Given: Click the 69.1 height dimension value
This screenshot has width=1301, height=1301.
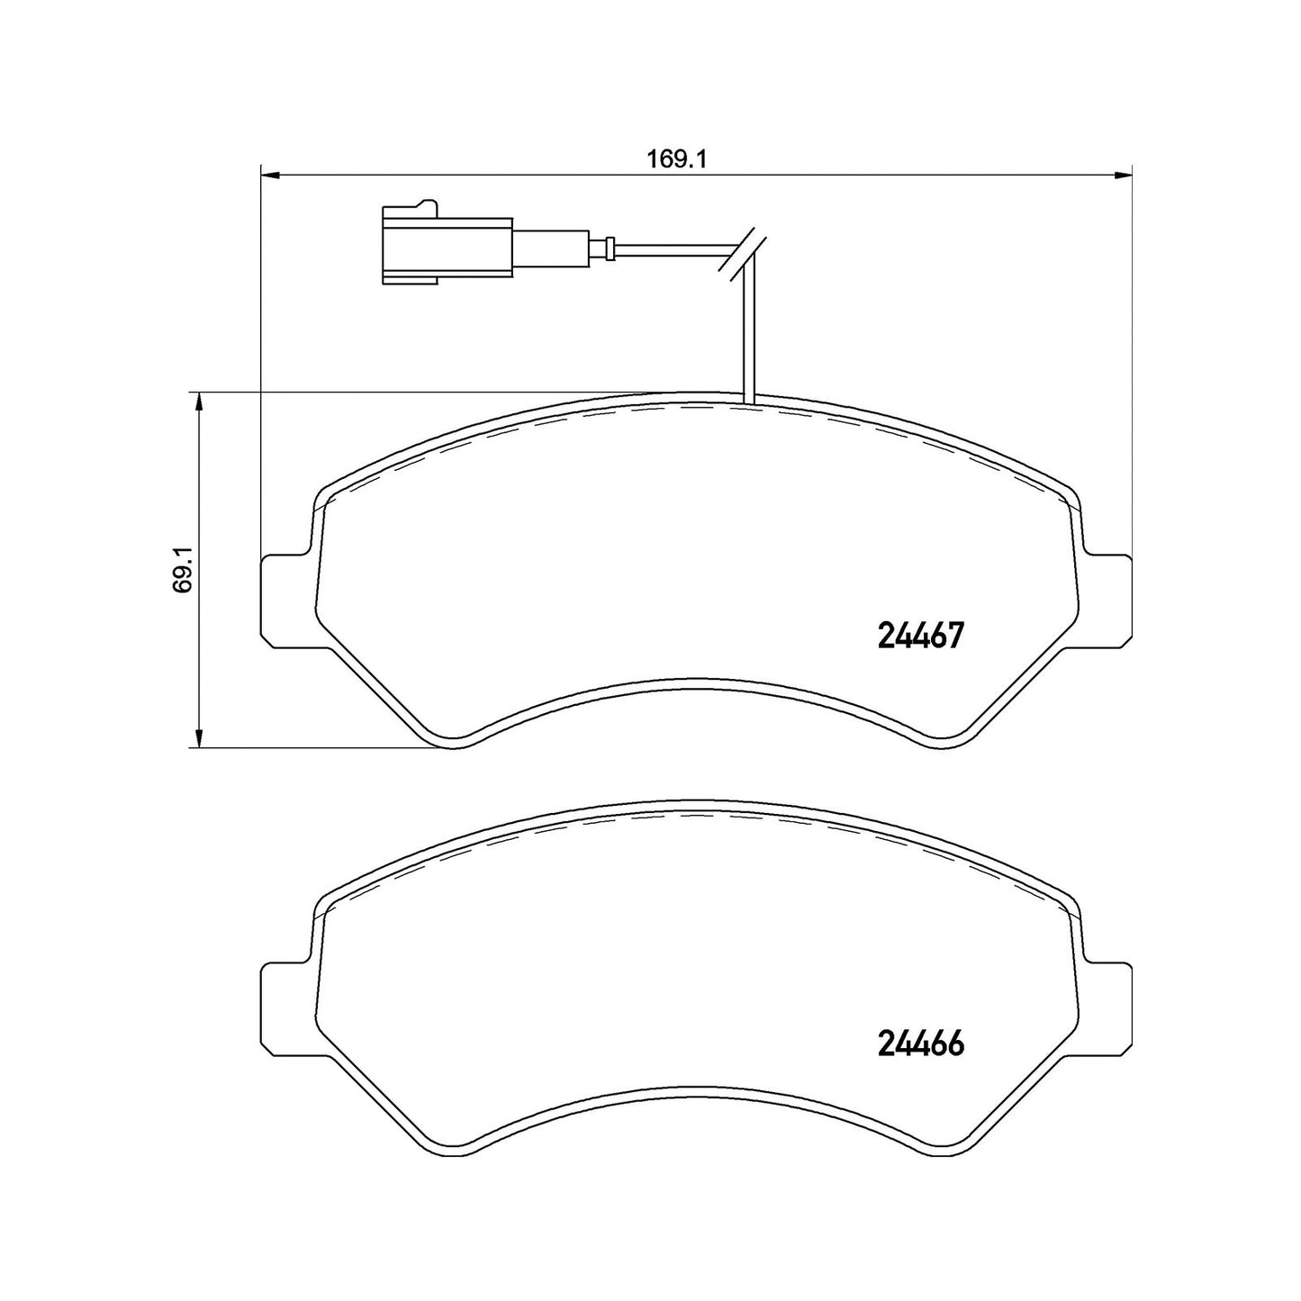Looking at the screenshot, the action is (x=183, y=570).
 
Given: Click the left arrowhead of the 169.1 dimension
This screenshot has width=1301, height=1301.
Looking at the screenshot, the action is (x=269, y=176).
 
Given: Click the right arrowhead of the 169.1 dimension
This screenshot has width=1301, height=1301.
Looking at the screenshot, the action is (x=1123, y=176).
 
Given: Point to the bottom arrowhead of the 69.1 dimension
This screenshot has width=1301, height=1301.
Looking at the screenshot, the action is (x=198, y=738).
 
